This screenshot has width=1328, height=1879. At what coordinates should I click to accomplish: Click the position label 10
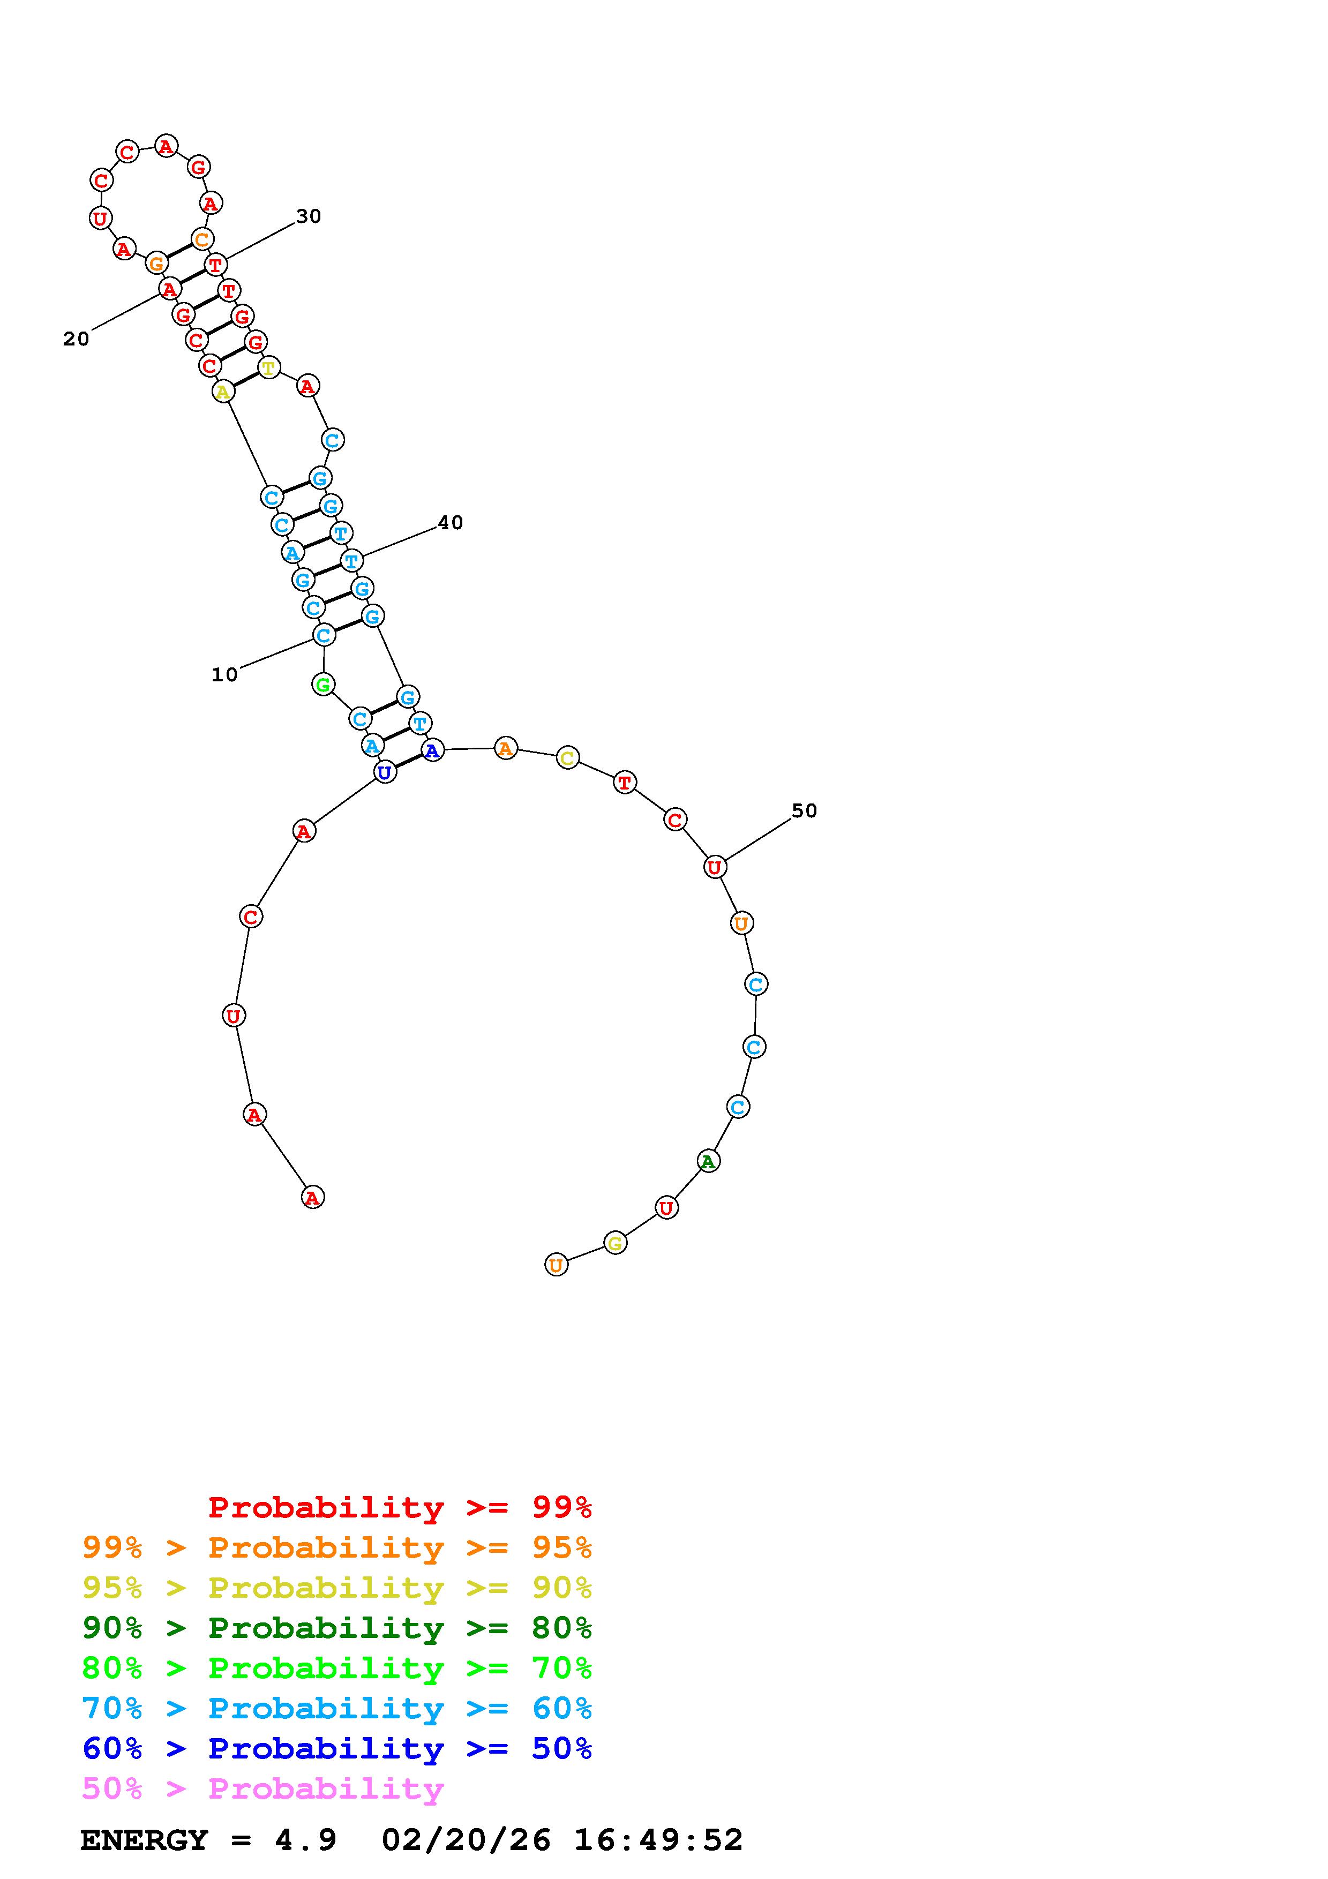[224, 675]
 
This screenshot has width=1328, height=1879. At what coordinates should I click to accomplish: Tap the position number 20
[76, 339]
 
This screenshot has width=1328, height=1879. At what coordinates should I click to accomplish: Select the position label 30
[309, 216]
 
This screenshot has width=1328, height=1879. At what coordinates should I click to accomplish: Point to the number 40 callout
[450, 522]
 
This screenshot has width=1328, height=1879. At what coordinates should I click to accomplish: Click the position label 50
[804, 810]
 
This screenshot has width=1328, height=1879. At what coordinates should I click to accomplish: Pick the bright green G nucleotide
[323, 684]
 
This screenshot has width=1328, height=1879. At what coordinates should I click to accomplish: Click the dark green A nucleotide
[709, 1161]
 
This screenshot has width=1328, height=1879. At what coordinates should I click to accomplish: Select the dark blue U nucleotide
[385, 772]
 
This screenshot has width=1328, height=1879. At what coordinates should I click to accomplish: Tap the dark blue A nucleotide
[432, 750]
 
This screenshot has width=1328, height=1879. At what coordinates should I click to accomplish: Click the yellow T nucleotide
[268, 367]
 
